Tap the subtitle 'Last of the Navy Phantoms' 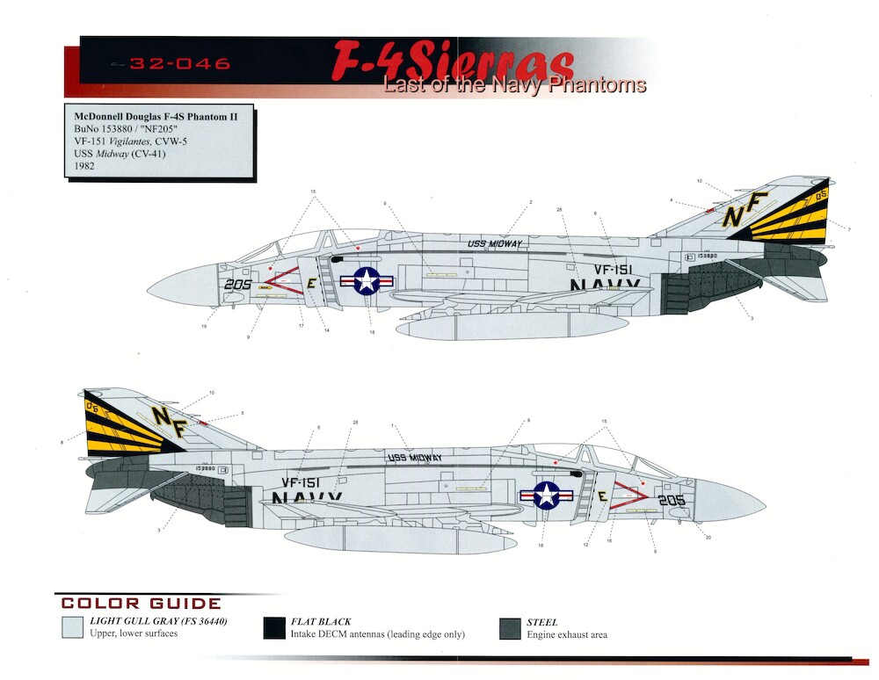point(514,85)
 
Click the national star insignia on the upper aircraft point(367,281)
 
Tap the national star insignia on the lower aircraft point(546,496)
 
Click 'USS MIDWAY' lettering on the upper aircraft point(495,243)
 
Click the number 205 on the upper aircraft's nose point(237,285)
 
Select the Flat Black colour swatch point(274,627)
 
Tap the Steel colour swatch point(509,627)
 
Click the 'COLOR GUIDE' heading point(141,604)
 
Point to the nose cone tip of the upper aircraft point(148,286)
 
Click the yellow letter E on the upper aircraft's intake point(311,283)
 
